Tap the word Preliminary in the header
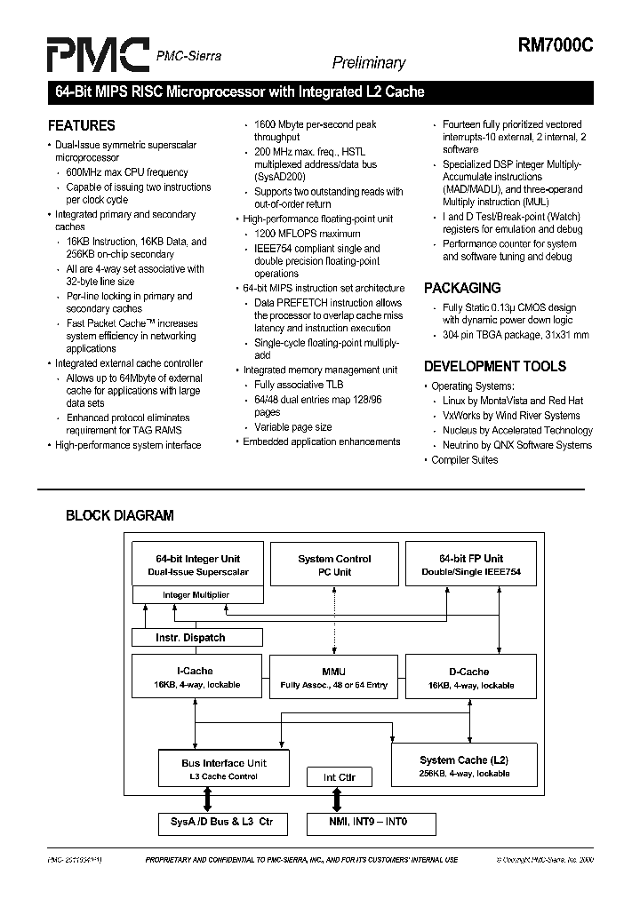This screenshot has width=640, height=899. [x=368, y=63]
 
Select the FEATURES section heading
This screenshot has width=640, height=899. [x=82, y=125]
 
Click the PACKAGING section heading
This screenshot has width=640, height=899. [x=461, y=288]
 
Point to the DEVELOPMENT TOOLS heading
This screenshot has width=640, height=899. [x=494, y=366]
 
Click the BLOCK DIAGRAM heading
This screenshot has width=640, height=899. [x=120, y=515]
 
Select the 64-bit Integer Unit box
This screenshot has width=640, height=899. [x=197, y=565]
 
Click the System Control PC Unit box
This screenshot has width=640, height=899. [x=334, y=565]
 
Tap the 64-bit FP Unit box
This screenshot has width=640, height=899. [x=470, y=565]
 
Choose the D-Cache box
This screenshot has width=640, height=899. [x=470, y=678]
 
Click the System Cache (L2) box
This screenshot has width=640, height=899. [x=464, y=767]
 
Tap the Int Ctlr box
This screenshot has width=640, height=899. [x=339, y=777]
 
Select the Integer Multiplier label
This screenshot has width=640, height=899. [x=196, y=594]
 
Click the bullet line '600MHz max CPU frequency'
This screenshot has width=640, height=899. [x=127, y=172]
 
